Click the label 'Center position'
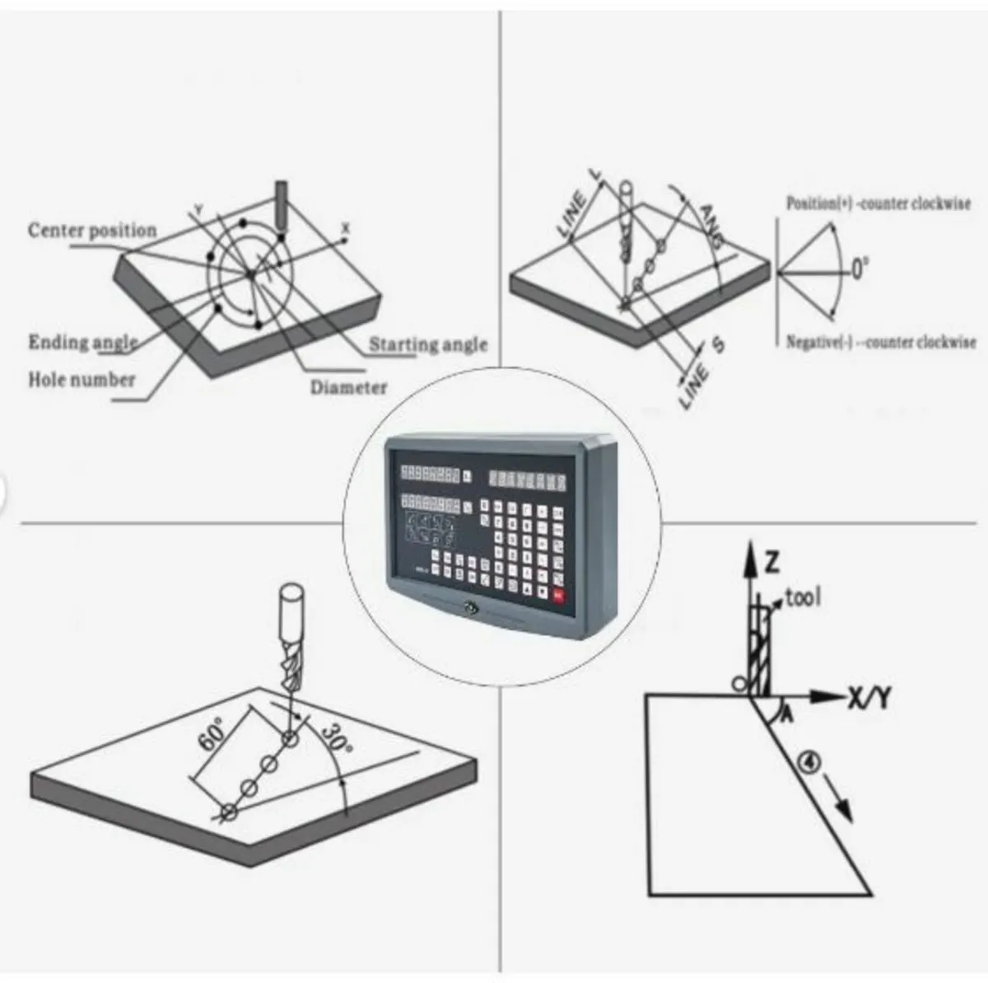point(92,230)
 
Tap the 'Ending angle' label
point(82,342)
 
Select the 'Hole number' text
point(82,380)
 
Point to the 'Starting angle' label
point(427,344)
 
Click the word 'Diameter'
point(348,387)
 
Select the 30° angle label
point(336,738)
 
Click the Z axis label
point(771,563)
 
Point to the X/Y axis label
point(869,699)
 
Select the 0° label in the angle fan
point(859,269)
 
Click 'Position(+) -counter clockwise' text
point(878,203)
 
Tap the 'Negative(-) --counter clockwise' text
point(880,342)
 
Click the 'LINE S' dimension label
point(700,373)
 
